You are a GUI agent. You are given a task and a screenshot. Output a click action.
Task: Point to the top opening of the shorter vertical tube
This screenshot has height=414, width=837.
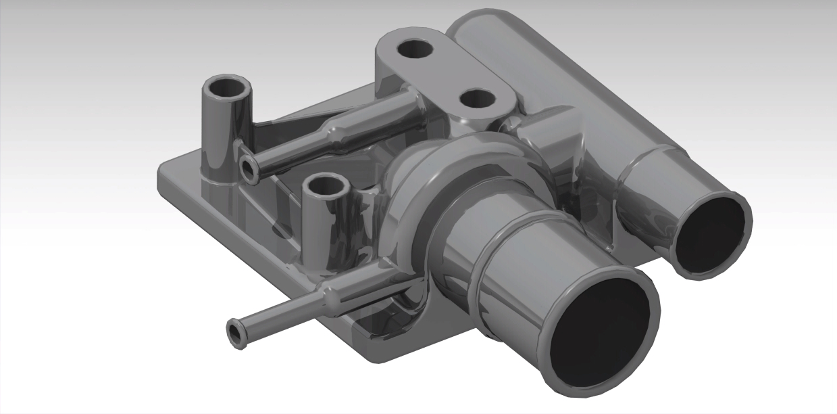326,184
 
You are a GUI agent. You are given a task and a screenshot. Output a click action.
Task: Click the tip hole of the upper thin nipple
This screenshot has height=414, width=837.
247,166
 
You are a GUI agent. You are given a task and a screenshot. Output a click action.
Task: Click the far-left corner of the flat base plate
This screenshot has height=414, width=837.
161,177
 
